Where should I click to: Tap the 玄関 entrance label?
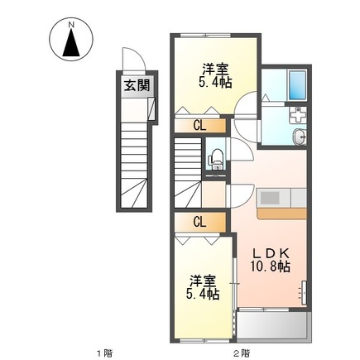coord(137,85)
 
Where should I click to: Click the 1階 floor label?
coord(104,353)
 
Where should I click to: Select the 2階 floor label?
coord(241,353)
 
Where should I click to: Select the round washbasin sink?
coord(300,137)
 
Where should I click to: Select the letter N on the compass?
coord(71,24)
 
